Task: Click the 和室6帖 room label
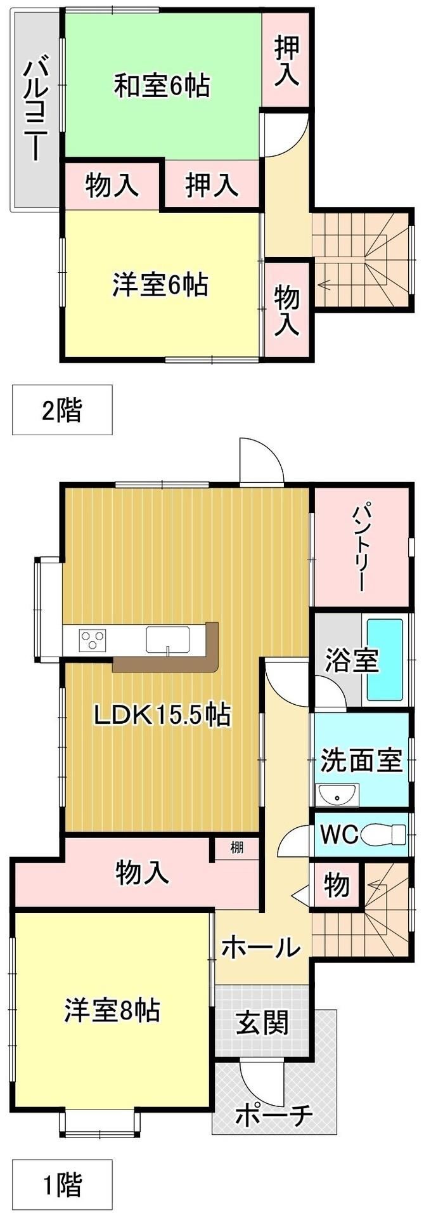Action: (x=162, y=86)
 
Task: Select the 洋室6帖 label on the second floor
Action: (x=160, y=285)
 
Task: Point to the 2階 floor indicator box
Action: (x=62, y=410)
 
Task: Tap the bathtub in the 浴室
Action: (x=385, y=660)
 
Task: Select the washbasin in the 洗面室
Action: (x=337, y=794)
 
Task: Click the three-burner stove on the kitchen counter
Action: (x=93, y=639)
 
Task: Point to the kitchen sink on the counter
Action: (x=168, y=639)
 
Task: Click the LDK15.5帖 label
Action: (x=162, y=716)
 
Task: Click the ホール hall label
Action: (x=260, y=948)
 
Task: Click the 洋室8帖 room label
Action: (x=112, y=1010)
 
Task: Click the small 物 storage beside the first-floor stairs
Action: (x=337, y=885)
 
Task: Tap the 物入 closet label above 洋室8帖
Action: (x=143, y=874)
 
